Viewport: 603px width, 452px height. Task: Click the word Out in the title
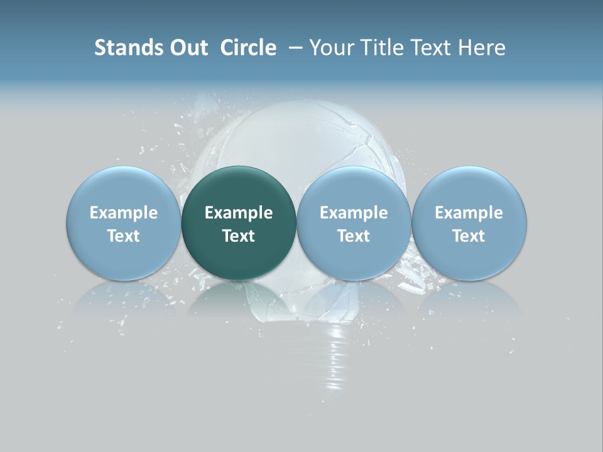tap(188, 48)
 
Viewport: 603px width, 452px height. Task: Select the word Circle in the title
tap(248, 48)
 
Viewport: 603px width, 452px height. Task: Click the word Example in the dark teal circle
tap(239, 213)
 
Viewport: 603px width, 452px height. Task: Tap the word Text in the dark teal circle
tap(239, 236)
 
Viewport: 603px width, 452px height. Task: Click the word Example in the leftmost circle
tap(123, 213)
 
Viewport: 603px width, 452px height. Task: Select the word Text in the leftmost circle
tap(123, 236)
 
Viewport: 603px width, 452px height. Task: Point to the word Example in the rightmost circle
tap(469, 213)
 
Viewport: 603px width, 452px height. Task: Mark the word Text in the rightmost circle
tap(469, 236)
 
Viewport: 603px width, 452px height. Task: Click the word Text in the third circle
tap(354, 236)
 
